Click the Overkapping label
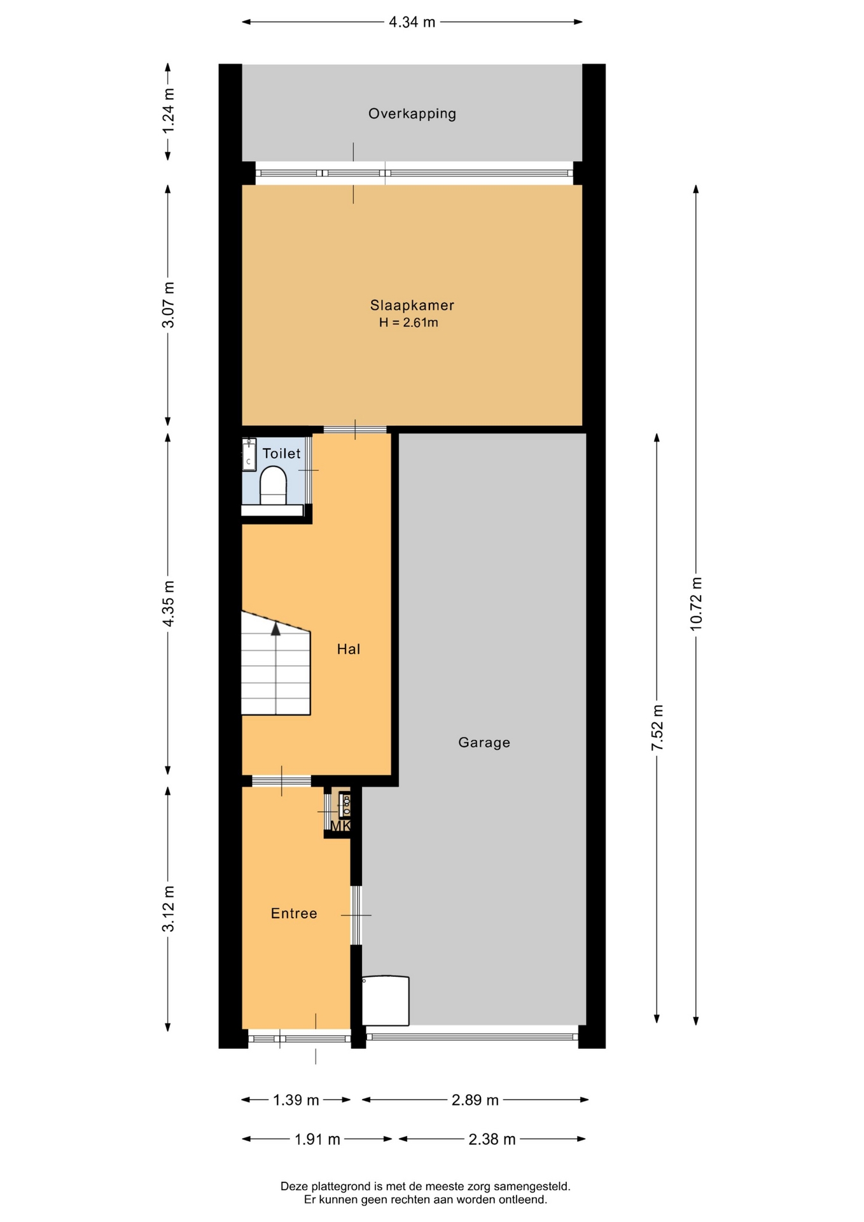(412, 114)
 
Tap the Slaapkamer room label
(412, 305)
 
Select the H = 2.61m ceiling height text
(408, 323)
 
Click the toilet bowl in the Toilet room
(274, 485)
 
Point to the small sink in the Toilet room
(249, 454)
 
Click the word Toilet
(282, 454)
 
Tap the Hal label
(349, 649)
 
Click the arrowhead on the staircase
(275, 629)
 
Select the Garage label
(484, 743)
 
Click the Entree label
(294, 914)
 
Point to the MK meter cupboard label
(340, 826)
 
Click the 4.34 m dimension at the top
(412, 22)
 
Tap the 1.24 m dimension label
(169, 111)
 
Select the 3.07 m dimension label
(169, 305)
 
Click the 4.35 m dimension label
(169, 603)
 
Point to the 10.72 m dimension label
(696, 604)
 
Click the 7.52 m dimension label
(657, 728)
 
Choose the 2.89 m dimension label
(475, 1100)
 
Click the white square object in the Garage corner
(386, 1001)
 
